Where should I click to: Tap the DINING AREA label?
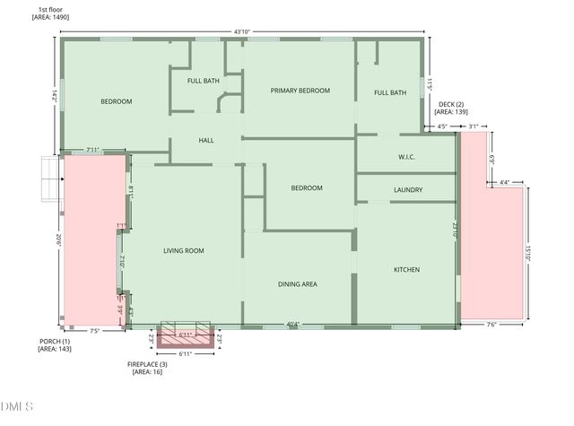297,284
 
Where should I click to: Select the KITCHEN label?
407,270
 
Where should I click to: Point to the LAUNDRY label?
408,190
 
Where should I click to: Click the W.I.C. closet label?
407,158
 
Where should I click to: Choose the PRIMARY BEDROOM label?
300,91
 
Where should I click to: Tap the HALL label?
206,141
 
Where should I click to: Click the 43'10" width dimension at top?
241,31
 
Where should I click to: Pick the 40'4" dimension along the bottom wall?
293,324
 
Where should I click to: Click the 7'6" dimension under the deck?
491,324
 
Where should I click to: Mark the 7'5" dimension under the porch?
94,330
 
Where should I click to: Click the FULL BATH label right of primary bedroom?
390,92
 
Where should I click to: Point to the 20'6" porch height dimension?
55,240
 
